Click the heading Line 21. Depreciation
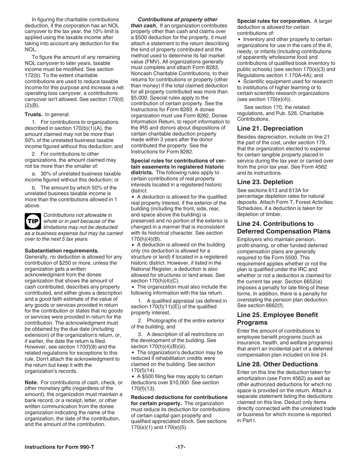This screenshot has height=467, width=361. [270, 128]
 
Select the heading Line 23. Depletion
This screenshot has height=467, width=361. [265, 182]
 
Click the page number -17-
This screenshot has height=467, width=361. [180, 447]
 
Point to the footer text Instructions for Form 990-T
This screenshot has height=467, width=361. [59, 447]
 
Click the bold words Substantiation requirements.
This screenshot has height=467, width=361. [62, 251]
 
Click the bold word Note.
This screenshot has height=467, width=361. [32, 382]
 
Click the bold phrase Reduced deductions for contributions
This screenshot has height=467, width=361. [179, 397]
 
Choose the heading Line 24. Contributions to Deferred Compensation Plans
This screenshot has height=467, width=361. [283, 227]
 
